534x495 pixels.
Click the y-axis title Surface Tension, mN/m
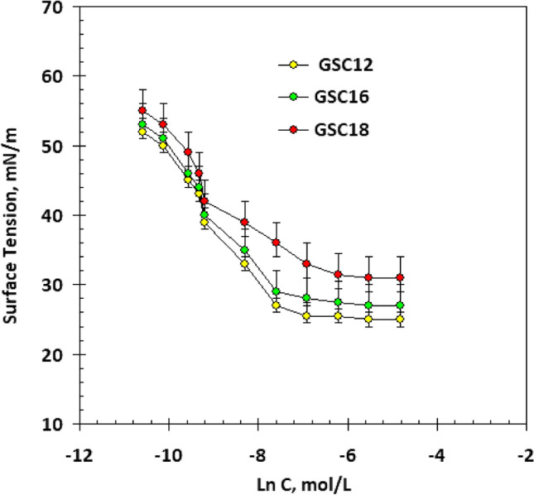point(14,215)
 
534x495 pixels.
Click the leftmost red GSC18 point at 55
point(142,110)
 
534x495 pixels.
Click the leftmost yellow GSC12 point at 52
point(142,132)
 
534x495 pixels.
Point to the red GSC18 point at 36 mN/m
point(277,243)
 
